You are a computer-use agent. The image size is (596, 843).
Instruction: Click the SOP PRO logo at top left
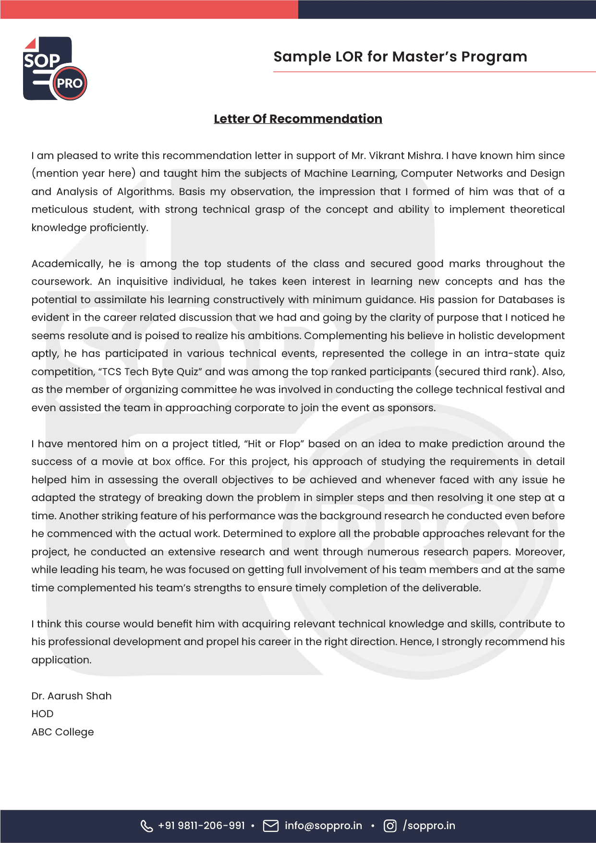[55, 69]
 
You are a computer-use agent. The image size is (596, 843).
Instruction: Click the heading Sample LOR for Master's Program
[400, 57]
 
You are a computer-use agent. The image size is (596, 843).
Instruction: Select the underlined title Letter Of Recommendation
[298, 119]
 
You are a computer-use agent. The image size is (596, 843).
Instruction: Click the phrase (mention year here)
[84, 173]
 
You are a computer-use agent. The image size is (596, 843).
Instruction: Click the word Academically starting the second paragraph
[67, 264]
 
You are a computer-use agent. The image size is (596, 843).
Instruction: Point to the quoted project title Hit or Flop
[274, 444]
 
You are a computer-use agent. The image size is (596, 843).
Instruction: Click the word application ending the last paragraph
[61, 660]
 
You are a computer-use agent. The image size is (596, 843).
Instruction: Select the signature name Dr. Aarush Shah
[72, 696]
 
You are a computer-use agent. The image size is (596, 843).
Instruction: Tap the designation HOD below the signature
[42, 714]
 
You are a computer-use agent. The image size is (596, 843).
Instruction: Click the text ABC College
[62, 732]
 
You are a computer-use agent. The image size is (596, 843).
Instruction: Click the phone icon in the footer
[146, 826]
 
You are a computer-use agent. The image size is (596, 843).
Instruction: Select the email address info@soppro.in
[323, 826]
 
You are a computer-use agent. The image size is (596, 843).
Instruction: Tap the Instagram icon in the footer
[390, 826]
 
